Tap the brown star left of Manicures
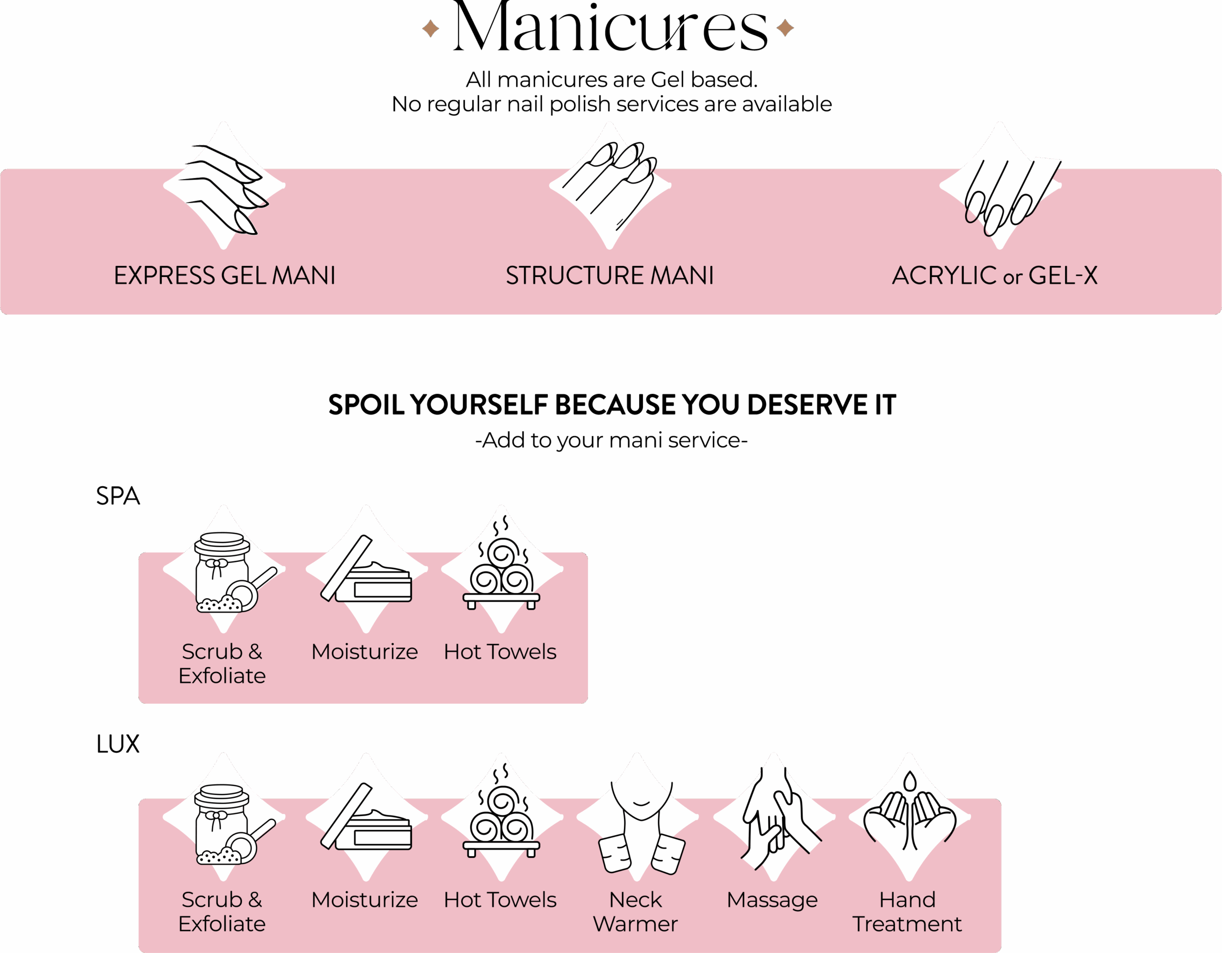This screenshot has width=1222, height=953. click(430, 28)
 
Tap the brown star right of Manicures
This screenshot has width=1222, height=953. click(785, 27)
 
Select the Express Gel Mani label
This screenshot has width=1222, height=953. click(224, 275)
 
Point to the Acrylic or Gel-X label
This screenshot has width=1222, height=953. click(994, 275)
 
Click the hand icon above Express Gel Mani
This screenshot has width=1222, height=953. click(224, 189)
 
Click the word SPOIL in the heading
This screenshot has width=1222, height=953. click(366, 404)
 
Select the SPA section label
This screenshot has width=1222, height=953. click(117, 496)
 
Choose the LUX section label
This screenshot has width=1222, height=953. click(117, 744)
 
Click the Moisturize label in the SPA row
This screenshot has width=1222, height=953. click(364, 651)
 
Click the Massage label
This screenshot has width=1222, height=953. click(772, 900)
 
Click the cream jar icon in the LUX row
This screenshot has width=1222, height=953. click(366, 816)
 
